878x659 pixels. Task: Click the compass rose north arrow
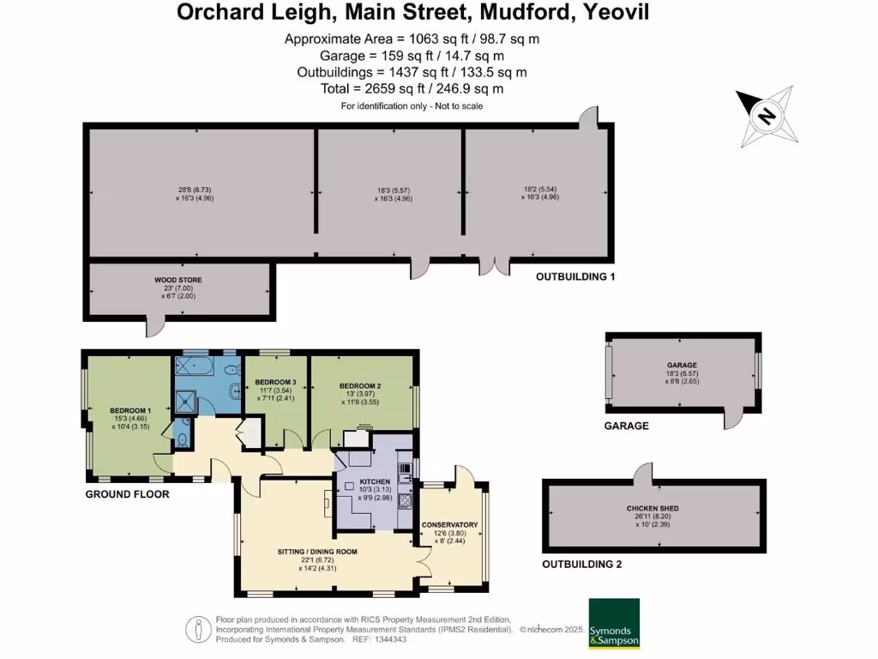(767, 116)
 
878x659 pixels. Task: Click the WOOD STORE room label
(178, 280)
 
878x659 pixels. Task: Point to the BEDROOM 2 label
(359, 385)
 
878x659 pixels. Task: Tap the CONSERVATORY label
(449, 525)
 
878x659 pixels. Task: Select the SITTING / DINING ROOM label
(317, 552)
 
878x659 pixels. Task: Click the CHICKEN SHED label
(653, 508)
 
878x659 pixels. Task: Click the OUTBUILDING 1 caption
(576, 277)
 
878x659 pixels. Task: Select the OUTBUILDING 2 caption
(581, 565)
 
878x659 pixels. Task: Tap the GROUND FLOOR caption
(126, 495)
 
